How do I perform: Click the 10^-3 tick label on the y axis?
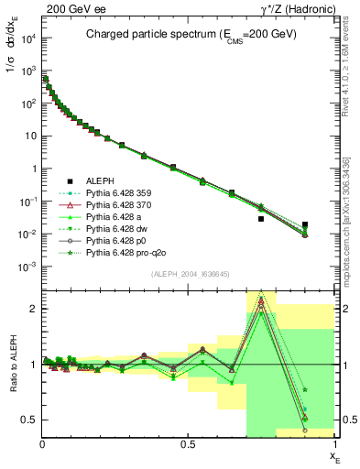26,267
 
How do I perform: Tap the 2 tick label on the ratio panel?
32,309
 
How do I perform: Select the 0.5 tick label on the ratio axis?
27,420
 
